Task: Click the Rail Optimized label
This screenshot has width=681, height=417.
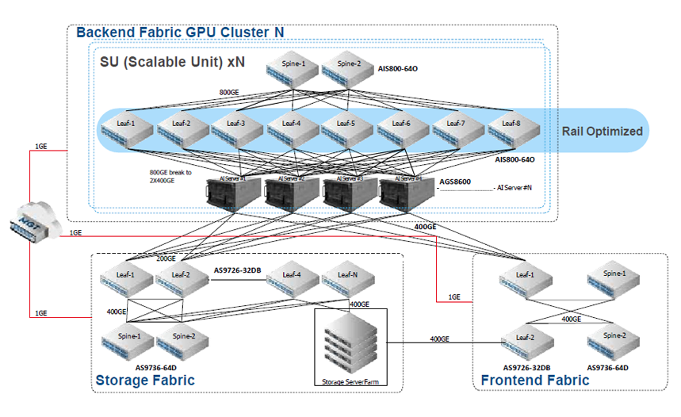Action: (603, 132)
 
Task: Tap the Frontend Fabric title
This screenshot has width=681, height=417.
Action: (534, 381)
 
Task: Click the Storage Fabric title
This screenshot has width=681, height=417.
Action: (145, 381)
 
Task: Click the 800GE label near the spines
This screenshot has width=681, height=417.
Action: (231, 93)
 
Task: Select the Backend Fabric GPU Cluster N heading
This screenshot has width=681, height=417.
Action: (179, 33)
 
